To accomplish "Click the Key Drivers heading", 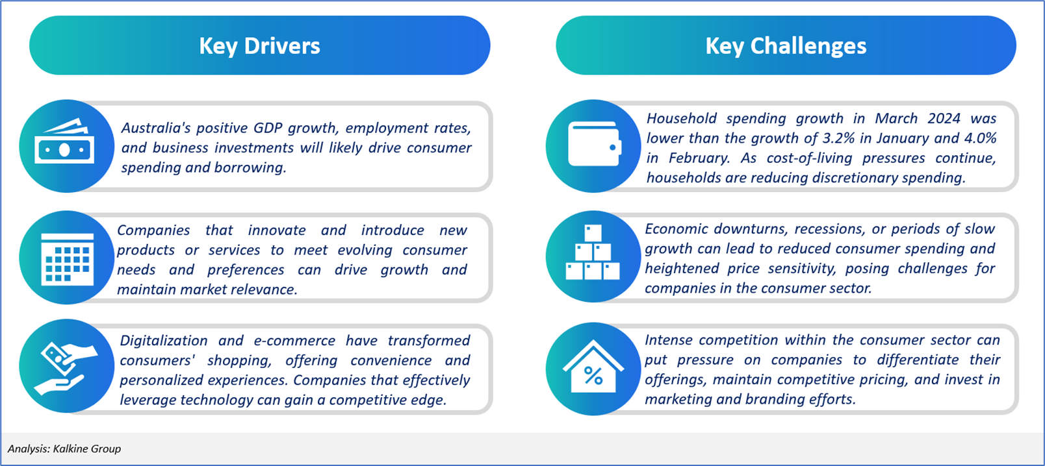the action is [259, 46].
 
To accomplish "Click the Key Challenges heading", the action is [786, 46].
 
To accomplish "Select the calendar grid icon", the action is [67, 259].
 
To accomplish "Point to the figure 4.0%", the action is [980, 138].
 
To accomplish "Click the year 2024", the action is [944, 118].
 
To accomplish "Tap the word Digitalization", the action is [164, 341].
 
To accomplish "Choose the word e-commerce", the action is [294, 341].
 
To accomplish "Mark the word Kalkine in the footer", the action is [70, 448].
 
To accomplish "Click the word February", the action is [699, 158].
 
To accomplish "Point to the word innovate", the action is [277, 230].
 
